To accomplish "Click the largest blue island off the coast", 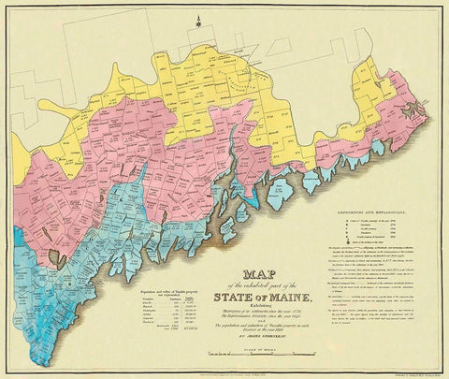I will (280, 197).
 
